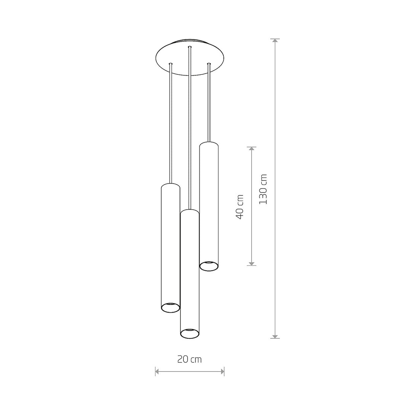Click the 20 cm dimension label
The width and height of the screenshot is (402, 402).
[189, 360]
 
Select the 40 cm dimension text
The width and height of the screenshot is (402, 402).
[239, 207]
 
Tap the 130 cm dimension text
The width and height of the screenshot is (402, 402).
[263, 189]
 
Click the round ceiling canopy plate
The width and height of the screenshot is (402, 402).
[190, 57]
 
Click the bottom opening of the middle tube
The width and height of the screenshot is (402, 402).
[190, 333]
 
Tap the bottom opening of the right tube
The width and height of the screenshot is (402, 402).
[209, 266]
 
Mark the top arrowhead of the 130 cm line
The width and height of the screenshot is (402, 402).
[275, 41]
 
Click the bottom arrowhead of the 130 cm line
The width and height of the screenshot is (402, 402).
[275, 336]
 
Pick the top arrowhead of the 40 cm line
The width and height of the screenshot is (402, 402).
[252, 149]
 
